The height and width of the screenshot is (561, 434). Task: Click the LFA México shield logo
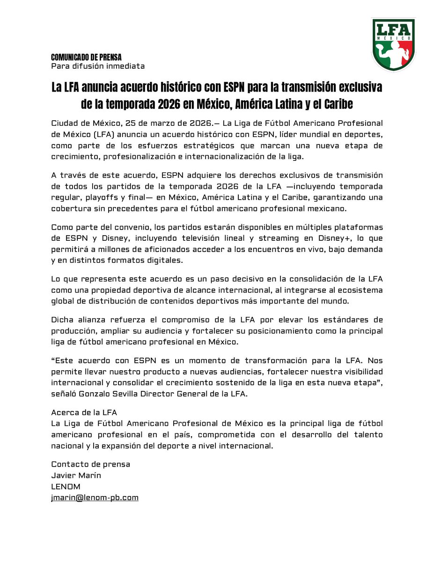tap(393, 44)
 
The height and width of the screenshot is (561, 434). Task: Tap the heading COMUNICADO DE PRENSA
tap(86, 57)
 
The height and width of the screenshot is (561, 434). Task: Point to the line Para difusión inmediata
tap(98, 66)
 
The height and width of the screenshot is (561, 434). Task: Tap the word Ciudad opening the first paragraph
tap(64, 123)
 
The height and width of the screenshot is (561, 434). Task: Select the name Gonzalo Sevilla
tap(107, 395)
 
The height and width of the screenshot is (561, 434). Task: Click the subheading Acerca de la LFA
tap(84, 412)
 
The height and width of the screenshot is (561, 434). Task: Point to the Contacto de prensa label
tap(90, 465)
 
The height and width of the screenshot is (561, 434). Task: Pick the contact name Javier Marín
tap(76, 475)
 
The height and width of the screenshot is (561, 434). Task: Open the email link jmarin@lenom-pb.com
tap(95, 497)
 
